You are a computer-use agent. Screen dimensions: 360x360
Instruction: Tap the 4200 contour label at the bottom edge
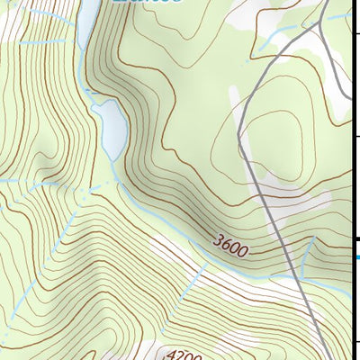(181, 355)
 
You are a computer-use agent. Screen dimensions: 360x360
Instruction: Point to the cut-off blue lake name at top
(149, 3)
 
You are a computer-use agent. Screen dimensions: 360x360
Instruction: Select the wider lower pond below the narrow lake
(112, 126)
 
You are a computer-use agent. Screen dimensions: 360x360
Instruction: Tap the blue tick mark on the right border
(355, 257)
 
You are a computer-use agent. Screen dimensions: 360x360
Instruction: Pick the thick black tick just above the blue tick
(355, 238)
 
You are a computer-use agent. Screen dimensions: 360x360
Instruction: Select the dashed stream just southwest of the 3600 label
(193, 270)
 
